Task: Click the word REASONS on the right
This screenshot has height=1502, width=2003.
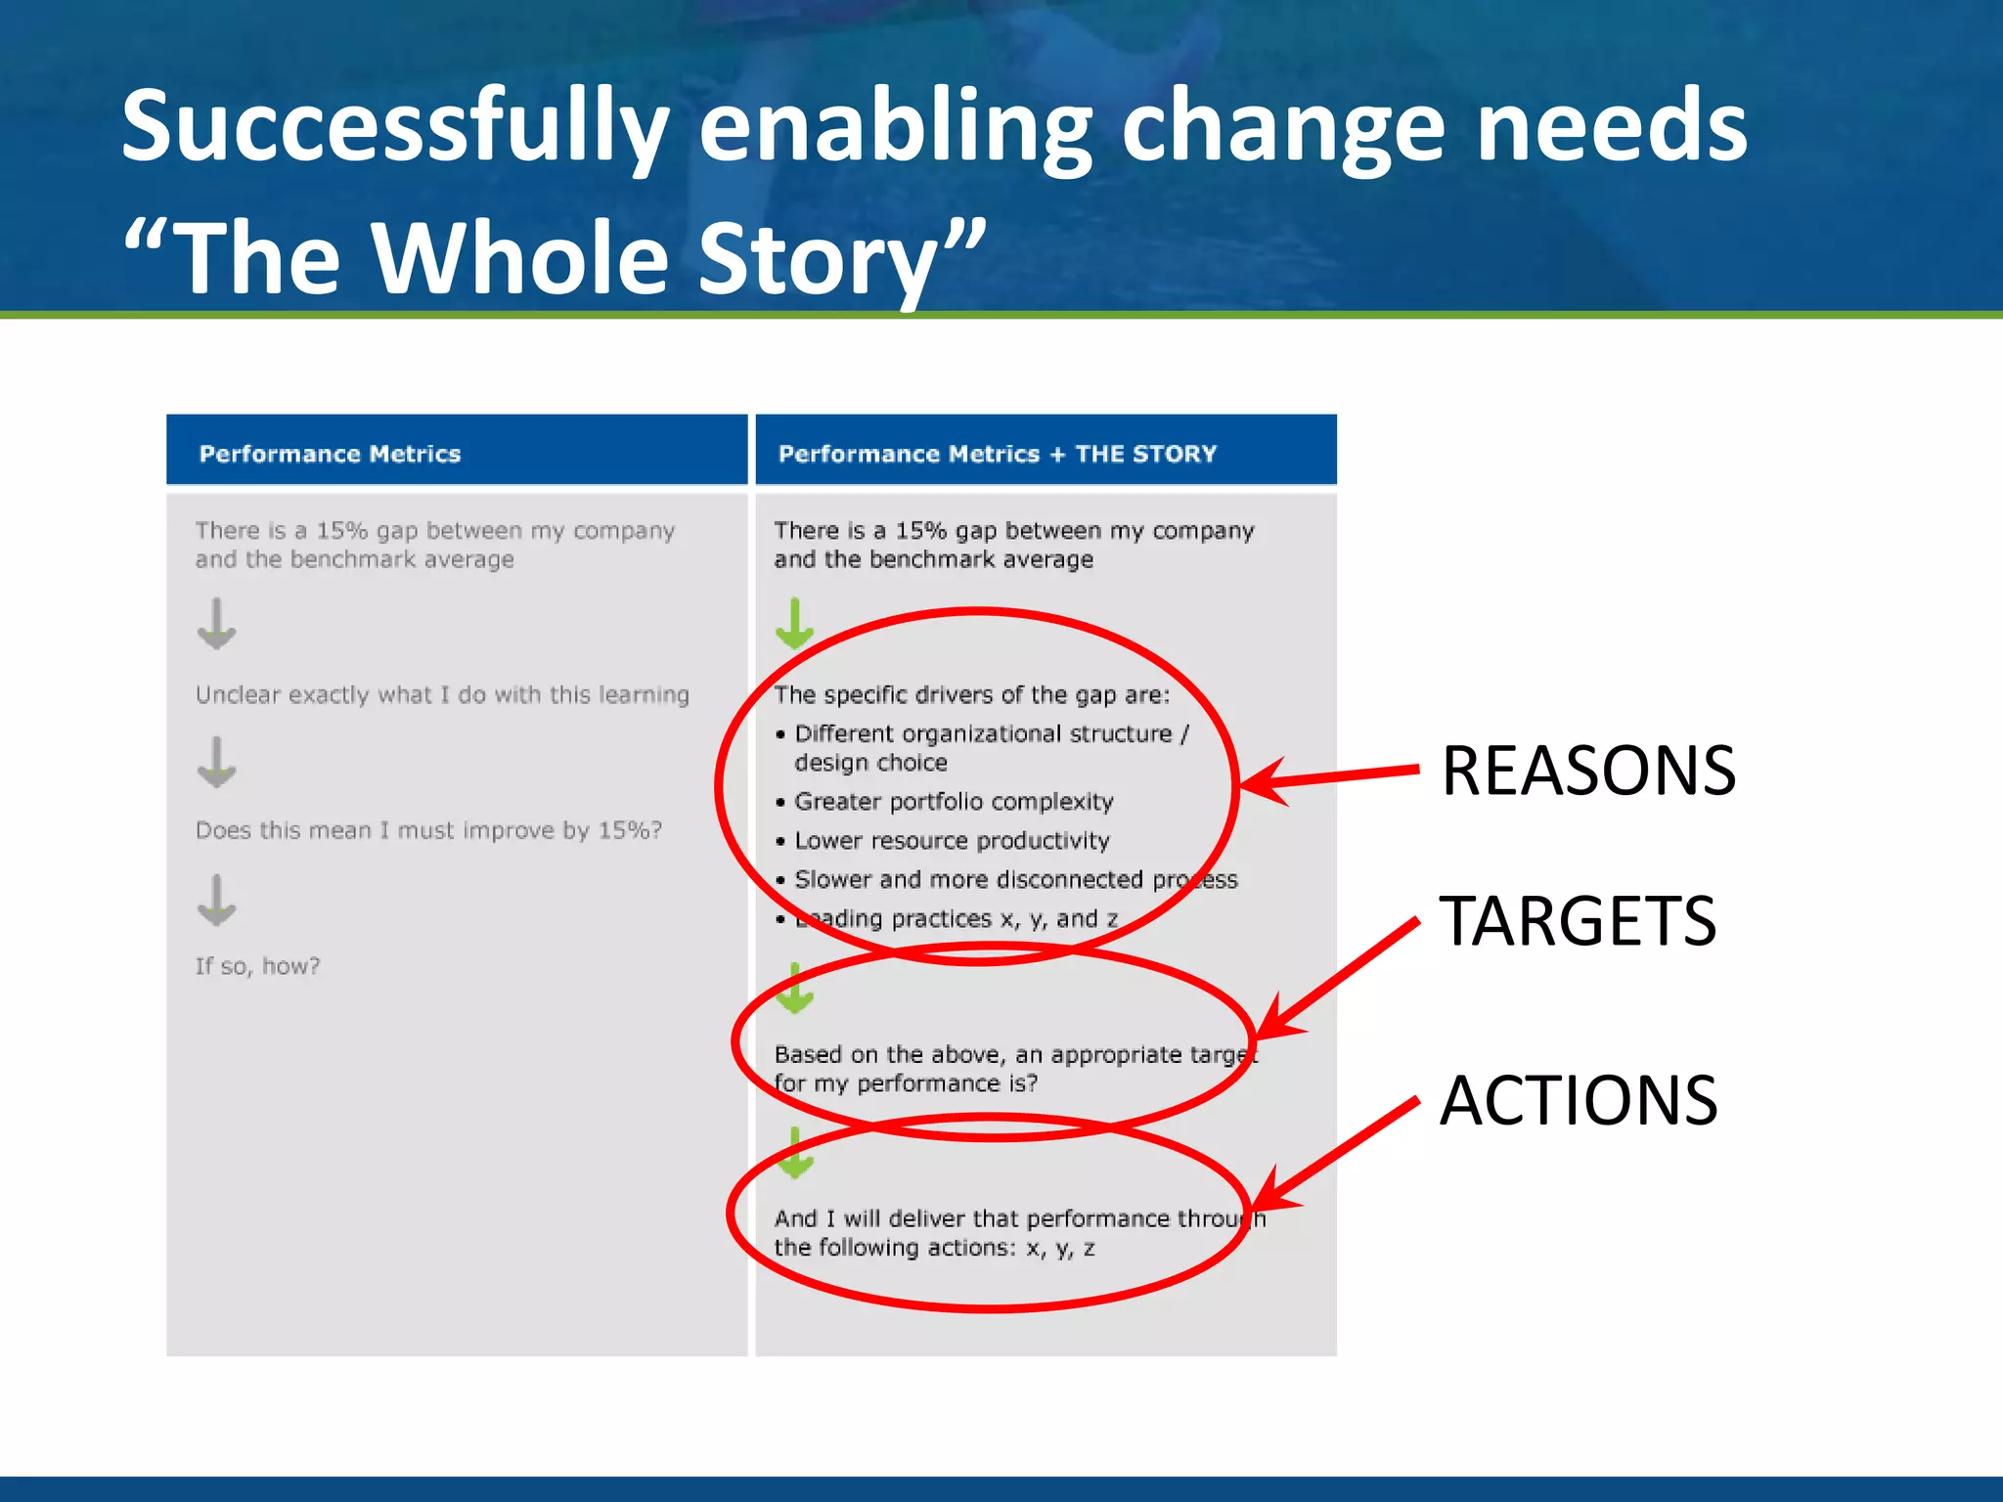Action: point(1587,772)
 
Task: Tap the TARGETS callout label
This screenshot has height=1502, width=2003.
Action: point(1577,921)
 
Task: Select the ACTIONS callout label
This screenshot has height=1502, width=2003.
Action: point(1578,1101)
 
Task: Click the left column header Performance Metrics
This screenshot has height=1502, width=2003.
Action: point(330,454)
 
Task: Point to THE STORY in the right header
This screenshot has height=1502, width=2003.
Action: point(1145,454)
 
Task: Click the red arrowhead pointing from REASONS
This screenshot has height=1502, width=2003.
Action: point(1262,782)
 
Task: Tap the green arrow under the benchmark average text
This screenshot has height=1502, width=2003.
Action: point(794,625)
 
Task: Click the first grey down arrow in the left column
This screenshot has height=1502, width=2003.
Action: point(216,625)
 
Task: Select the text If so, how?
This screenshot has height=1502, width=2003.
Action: point(257,966)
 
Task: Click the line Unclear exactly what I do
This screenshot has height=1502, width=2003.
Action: point(442,695)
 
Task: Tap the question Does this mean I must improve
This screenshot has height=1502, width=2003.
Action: point(428,830)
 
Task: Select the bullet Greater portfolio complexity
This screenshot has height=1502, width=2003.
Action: point(954,802)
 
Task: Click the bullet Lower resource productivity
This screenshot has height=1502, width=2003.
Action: point(952,841)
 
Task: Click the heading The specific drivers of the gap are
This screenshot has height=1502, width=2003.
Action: point(971,695)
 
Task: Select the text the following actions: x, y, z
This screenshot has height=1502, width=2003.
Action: point(934,1248)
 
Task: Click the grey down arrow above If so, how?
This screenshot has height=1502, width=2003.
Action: point(216,901)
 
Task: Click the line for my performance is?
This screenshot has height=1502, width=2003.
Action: point(906,1083)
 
